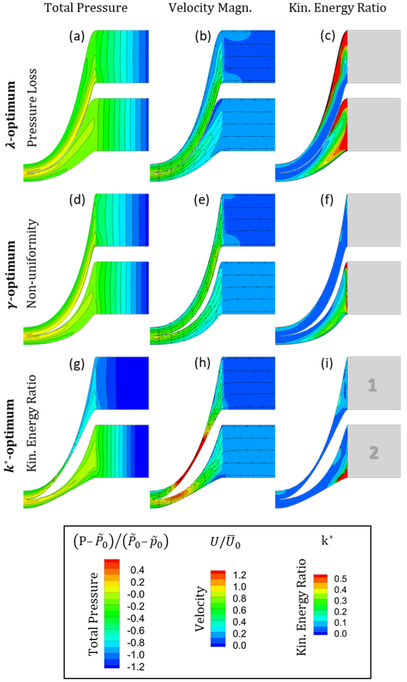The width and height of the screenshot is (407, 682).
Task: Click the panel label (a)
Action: [x=77, y=36]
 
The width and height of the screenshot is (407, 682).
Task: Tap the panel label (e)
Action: [x=202, y=200]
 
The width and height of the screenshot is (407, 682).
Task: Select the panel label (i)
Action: [x=327, y=363]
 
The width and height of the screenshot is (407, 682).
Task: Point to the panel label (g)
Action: [x=77, y=363]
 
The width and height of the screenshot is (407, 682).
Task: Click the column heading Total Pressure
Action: [x=86, y=8]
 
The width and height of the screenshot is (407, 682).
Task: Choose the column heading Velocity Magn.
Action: [x=210, y=8]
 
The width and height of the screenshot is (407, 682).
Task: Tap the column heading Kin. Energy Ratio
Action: [x=337, y=8]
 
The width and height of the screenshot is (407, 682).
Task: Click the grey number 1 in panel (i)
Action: [x=372, y=385]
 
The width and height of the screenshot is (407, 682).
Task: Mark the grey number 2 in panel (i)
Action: [x=374, y=452]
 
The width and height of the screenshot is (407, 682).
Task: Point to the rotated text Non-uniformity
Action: [x=32, y=263]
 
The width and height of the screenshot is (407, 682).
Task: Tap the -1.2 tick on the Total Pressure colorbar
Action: [x=136, y=667]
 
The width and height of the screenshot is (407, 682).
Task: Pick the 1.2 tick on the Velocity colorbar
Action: [x=240, y=575]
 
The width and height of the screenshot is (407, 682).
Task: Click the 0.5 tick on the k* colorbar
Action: [x=340, y=579]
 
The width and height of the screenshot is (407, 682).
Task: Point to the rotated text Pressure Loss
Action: [x=32, y=108]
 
